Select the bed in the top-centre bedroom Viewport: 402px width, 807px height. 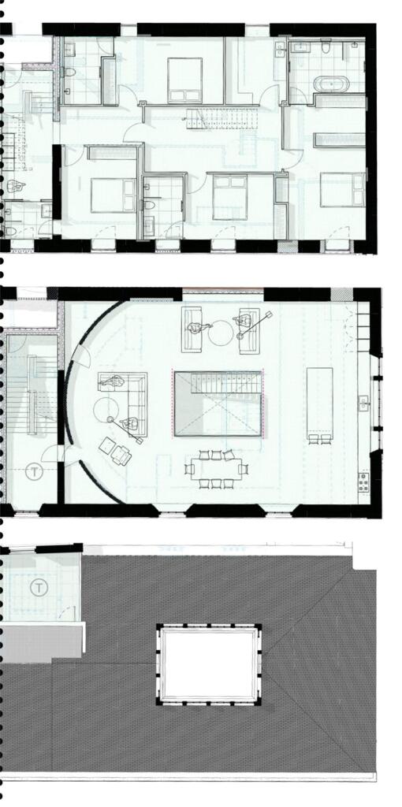184,80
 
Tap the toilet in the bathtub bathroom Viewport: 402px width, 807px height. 326,48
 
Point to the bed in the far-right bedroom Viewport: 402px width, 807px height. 342,190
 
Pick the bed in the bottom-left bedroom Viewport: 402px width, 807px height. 114,195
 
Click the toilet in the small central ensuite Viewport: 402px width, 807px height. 150,205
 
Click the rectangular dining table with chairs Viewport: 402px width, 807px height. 216,469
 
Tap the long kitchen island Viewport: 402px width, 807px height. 319,400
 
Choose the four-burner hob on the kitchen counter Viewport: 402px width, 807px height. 363,482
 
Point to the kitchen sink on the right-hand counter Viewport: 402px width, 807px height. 363,403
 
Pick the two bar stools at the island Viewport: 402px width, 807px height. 319,438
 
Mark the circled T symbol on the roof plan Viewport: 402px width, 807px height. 39,587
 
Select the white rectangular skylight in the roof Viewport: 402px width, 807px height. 208,664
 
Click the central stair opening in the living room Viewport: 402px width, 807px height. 218,403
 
